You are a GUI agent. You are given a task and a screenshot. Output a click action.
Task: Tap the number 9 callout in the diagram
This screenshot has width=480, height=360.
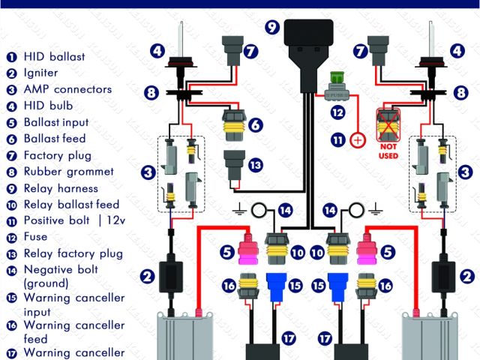272,27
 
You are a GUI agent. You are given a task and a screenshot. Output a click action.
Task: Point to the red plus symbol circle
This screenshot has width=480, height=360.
358,139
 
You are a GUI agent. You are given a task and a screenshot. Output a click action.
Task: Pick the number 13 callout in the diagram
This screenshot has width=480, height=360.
256,165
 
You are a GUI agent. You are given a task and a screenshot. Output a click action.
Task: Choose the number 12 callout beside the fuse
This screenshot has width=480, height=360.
339,112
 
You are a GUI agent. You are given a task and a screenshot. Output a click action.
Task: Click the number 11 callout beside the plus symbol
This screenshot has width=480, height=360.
338,139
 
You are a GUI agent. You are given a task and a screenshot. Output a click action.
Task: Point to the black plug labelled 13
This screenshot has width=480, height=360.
233,163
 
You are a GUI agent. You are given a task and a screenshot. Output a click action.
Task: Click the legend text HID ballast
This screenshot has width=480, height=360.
54,56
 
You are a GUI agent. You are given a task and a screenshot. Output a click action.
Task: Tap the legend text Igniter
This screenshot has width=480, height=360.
40,73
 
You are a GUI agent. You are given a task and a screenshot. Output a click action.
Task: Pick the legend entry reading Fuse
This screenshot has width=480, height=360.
36,237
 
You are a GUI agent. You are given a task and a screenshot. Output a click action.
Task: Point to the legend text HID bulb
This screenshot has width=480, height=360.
48,106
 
